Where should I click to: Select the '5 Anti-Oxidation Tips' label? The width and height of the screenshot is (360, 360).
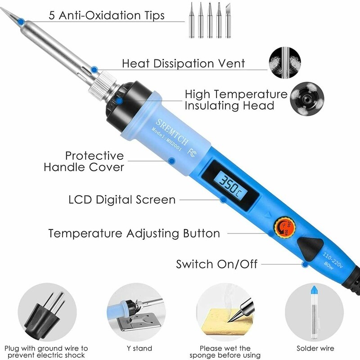pos(107,15)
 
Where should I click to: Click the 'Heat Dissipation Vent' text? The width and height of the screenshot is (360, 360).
pos(183,63)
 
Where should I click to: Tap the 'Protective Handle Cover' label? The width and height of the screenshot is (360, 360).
pos(84,162)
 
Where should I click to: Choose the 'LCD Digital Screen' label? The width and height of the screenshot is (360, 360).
pos(121,199)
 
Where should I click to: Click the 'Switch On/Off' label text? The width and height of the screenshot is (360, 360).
pos(216,264)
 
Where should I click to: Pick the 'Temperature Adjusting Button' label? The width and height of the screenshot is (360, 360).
pos(134,234)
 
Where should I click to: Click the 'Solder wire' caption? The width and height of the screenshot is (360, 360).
pos(315,348)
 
